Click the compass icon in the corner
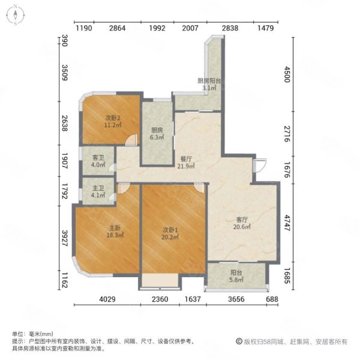coord(16,16)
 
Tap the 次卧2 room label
coord(113,122)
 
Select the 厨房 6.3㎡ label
coord(157,134)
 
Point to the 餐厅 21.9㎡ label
coord(186,163)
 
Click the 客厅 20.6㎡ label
coord(242,223)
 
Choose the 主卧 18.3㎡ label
coord(115,232)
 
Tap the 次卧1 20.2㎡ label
coord(170,233)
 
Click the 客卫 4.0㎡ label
coord(98,161)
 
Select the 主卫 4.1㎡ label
coord(98,192)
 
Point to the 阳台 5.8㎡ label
coord(236,276)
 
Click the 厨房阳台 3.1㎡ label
coord(209,84)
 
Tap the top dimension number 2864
coord(118,28)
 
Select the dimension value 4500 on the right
coord(287,74)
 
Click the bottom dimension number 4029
coord(107,299)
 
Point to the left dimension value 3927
coord(65,238)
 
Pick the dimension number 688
coord(272,299)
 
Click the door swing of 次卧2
coord(131,140)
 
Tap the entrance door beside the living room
coord(259,166)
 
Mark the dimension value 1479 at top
coord(266,28)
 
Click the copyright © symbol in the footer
coord(239,341)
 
